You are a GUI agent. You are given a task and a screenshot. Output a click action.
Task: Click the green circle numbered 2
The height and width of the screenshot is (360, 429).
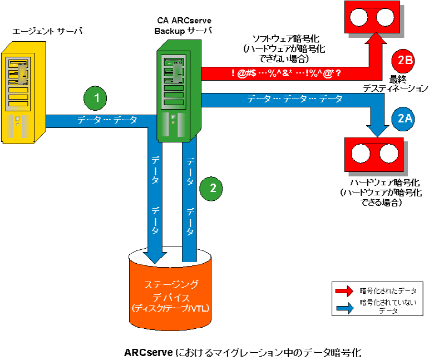tap(212, 188)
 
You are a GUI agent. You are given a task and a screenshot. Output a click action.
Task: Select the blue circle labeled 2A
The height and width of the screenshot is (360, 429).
tap(403, 118)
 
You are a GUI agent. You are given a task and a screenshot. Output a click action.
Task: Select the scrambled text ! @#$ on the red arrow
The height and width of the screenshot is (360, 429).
tap(244, 73)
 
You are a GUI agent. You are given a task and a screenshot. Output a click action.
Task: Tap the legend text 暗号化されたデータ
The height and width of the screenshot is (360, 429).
tap(388, 290)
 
